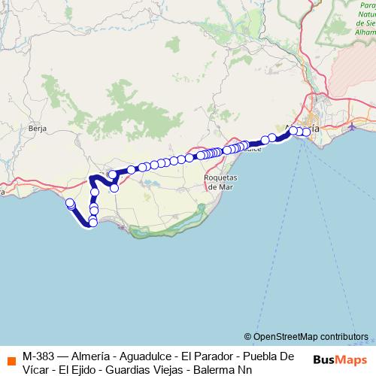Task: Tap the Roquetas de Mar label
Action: (222, 182)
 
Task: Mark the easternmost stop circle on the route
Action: (307, 132)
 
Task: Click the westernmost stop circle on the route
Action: (70, 203)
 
